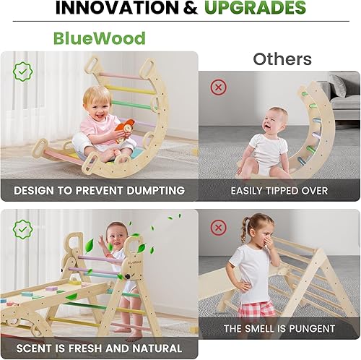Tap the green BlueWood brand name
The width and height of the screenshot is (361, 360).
coord(99,38)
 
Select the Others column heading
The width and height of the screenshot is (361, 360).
coord(282,59)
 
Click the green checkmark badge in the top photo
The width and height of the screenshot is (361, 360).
coord(22,71)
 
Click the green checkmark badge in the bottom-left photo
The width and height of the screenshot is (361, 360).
coord(22,229)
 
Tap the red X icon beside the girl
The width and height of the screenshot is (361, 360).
coord(218,228)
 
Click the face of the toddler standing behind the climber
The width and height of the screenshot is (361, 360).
coord(116,237)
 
